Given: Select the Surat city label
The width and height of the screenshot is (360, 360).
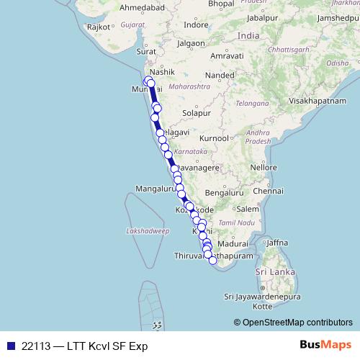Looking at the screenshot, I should [146, 52].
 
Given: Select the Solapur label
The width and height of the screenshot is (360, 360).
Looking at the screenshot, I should [196, 113].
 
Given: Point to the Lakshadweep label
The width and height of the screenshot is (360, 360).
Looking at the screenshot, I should [147, 231].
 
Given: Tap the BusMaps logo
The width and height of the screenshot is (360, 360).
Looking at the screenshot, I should [325, 346].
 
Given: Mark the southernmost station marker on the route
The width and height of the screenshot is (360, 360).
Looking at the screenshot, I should [213, 261].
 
